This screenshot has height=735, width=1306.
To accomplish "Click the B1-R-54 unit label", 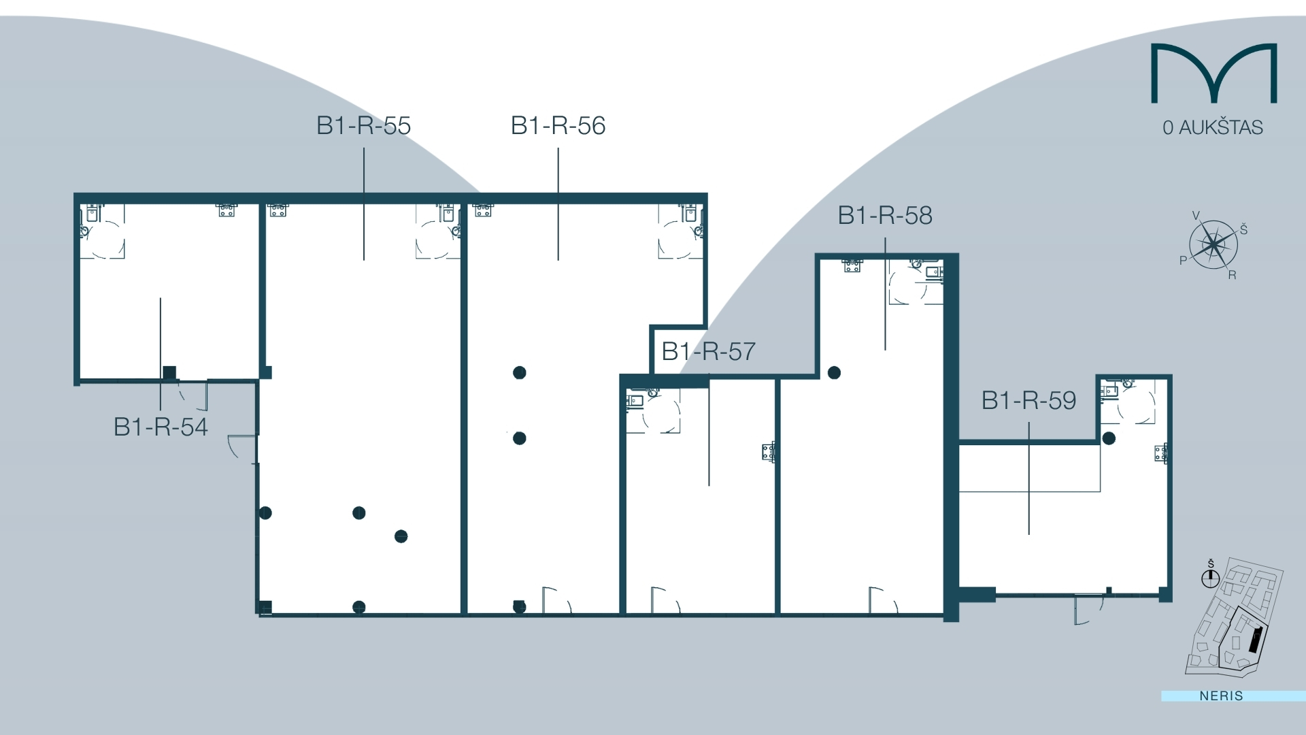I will (x=161, y=427).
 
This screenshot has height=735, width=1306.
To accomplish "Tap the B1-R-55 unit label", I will (x=363, y=126).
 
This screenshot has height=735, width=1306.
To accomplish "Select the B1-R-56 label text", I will (x=558, y=126).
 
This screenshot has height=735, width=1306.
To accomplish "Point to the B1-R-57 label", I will (x=708, y=352).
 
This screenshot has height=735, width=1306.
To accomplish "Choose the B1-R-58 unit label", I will (x=884, y=216).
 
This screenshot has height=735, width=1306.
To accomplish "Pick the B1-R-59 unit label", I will (x=1028, y=401).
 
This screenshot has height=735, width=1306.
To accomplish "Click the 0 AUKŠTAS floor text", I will (x=1212, y=128).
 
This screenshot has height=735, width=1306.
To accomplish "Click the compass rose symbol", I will (x=1213, y=244).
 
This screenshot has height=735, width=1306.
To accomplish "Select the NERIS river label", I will (x=1221, y=696).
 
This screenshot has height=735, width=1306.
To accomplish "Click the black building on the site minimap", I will (x=1256, y=640).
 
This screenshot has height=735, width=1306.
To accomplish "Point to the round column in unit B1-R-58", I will (x=834, y=373).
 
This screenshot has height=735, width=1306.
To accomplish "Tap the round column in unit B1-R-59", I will (x=1109, y=438).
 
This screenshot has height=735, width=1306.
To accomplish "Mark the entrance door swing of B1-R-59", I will (x=1086, y=609).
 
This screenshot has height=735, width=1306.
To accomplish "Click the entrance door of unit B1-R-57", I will (x=664, y=601).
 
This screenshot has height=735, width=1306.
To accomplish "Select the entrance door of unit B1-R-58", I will (x=882, y=600).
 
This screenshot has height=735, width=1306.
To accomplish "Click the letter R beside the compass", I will (x=1232, y=276).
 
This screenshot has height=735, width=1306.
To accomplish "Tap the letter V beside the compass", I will (x=1196, y=216).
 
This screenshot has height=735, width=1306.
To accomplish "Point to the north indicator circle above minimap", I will (x=1210, y=578).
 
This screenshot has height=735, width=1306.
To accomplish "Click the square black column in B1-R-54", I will (x=169, y=373).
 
